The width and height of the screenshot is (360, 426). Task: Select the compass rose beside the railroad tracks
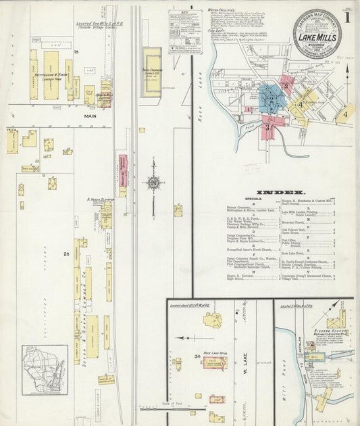(x=153, y=182)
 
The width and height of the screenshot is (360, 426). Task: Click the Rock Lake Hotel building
(x=215, y=364)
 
